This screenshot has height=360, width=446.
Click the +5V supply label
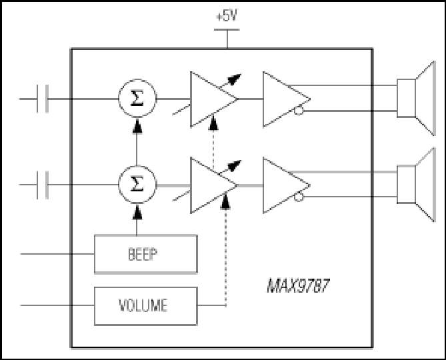tap(227, 16)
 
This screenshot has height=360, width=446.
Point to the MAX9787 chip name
tap(298, 286)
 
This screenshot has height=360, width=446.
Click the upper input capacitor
tap(43, 99)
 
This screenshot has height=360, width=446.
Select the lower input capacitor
tap(43, 185)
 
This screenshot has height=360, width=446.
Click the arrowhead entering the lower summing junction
tap(137, 212)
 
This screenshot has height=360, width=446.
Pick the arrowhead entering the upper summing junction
tap(137, 126)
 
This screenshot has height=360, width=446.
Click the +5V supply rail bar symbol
tap(227, 29)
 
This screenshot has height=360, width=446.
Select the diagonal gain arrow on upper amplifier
tap(230, 81)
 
